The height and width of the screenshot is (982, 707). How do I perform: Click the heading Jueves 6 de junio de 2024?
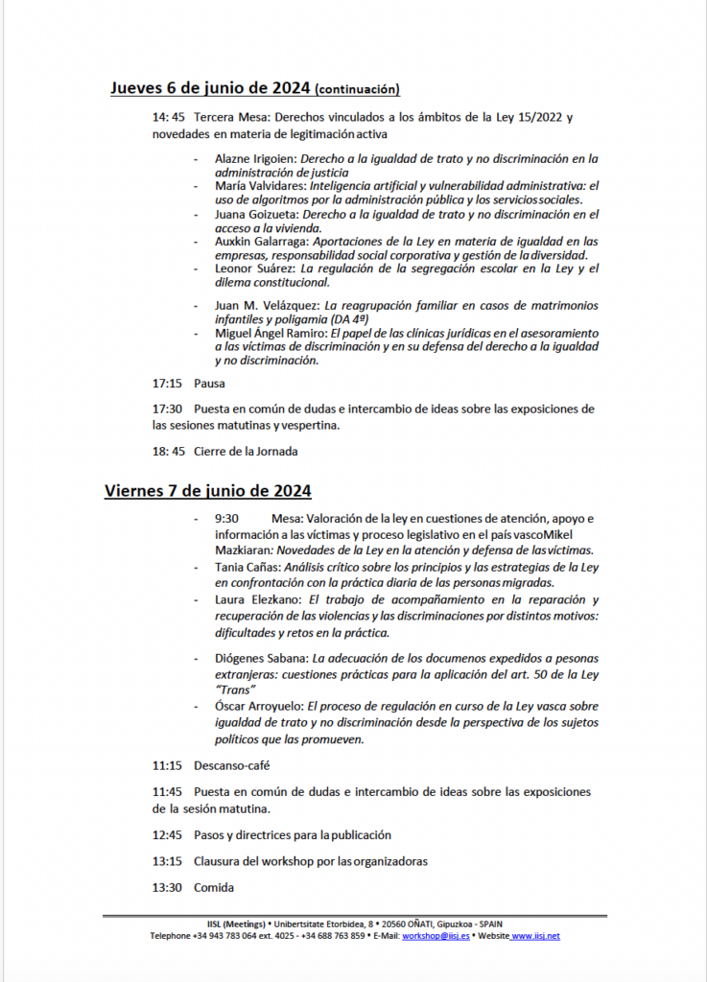[x=211, y=89]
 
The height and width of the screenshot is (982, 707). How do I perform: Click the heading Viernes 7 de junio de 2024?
[x=207, y=491]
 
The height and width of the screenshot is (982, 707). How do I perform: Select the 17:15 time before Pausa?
[x=167, y=384]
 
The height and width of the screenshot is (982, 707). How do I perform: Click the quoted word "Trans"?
[x=235, y=689]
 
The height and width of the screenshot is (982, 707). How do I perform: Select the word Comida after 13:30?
[x=214, y=887]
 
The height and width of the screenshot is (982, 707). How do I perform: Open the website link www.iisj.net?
[x=536, y=936]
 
